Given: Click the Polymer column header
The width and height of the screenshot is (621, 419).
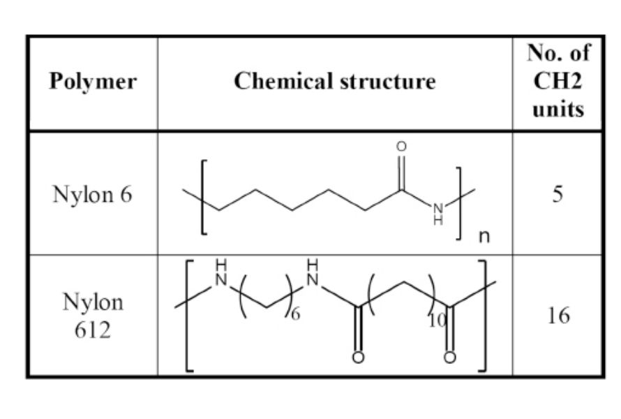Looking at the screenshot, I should pyautogui.click(x=93, y=82).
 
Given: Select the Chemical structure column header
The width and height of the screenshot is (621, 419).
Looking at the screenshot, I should pyautogui.click(x=334, y=82).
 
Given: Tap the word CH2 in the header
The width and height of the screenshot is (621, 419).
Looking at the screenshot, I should pyautogui.click(x=557, y=81).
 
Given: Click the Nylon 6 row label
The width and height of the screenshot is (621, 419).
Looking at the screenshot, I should pyautogui.click(x=92, y=194).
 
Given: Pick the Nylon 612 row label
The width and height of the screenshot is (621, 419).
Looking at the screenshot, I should pyautogui.click(x=93, y=315).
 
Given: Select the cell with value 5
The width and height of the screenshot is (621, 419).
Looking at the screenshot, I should pyautogui.click(x=557, y=194).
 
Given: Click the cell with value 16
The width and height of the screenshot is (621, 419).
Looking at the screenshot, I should pyautogui.click(x=557, y=315).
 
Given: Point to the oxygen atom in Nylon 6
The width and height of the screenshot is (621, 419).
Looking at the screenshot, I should pyautogui.click(x=401, y=147).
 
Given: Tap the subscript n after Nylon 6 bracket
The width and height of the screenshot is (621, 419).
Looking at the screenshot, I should pyautogui.click(x=484, y=237).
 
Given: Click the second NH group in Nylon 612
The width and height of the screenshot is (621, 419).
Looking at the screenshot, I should pyautogui.click(x=313, y=274).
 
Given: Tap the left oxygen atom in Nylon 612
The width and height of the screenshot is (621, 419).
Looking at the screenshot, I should pyautogui.click(x=358, y=358).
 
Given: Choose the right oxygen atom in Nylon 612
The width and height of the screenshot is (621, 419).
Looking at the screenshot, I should pyautogui.click(x=450, y=358).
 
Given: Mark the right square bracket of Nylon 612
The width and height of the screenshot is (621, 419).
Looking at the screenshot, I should pyautogui.click(x=481, y=315).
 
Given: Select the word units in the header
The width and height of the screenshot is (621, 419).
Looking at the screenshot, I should pyautogui.click(x=557, y=110).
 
